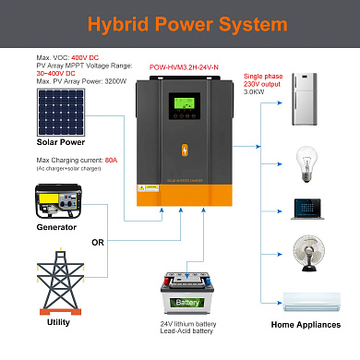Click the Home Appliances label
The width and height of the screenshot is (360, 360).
[x=305, y=325]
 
